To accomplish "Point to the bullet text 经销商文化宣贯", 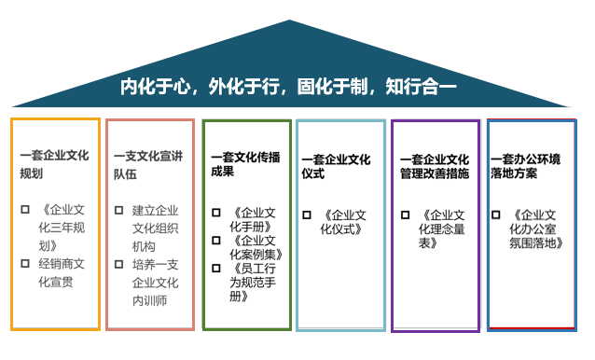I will (62, 272).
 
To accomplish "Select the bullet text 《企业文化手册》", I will (252, 220).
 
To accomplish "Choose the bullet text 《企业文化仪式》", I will (346, 222).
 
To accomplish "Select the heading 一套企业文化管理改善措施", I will (435, 166).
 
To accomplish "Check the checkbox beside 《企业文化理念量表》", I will (405, 215).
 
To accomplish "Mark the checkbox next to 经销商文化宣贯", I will (25, 263).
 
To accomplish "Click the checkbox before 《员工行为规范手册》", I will (216, 268).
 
